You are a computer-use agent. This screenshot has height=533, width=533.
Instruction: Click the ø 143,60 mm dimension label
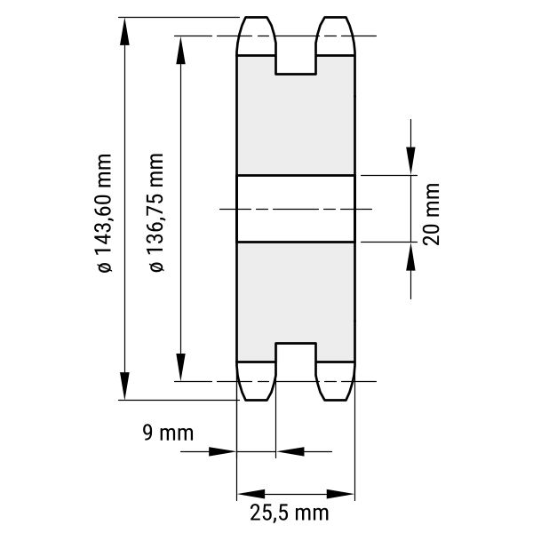coord(105,213)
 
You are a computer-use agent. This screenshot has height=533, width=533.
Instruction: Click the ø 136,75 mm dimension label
coord(156,212)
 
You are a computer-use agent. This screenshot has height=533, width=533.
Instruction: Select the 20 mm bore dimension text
coord(432,214)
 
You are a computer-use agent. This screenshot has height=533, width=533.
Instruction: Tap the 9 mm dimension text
coord(168,433)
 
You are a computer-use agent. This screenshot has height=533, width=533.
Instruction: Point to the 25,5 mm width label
coord(290,513)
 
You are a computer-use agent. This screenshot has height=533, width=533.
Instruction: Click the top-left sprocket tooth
coord(256,36)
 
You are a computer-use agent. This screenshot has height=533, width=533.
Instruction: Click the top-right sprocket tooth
coord(336,36)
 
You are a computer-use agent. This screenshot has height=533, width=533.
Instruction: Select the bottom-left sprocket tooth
coord(256,381)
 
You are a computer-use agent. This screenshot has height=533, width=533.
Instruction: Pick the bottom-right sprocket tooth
coord(336,381)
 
